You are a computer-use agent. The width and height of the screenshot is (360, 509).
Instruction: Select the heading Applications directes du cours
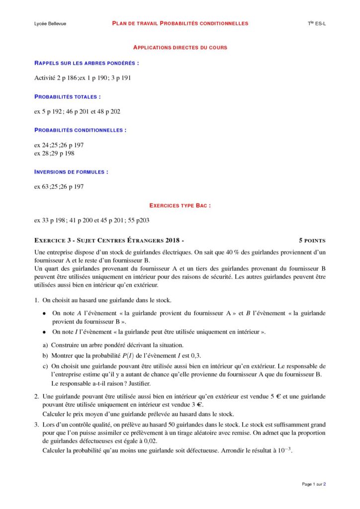pos(180,48)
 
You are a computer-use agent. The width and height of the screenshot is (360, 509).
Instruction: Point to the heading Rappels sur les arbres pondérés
pos(87,63)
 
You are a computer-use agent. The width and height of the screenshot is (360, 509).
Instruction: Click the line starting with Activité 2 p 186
pos(83,78)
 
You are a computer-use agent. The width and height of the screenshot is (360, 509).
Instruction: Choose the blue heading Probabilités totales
pos(68,96)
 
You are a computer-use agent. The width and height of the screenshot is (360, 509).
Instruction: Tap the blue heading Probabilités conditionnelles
pos(80,130)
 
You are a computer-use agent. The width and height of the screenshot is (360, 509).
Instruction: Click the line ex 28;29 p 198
pos(54,153)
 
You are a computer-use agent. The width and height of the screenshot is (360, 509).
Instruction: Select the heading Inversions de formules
pos(71,171)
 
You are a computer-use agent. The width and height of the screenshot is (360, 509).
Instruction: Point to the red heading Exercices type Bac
pos(180,205)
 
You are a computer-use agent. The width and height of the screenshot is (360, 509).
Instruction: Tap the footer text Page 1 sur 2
pos(314,484)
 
